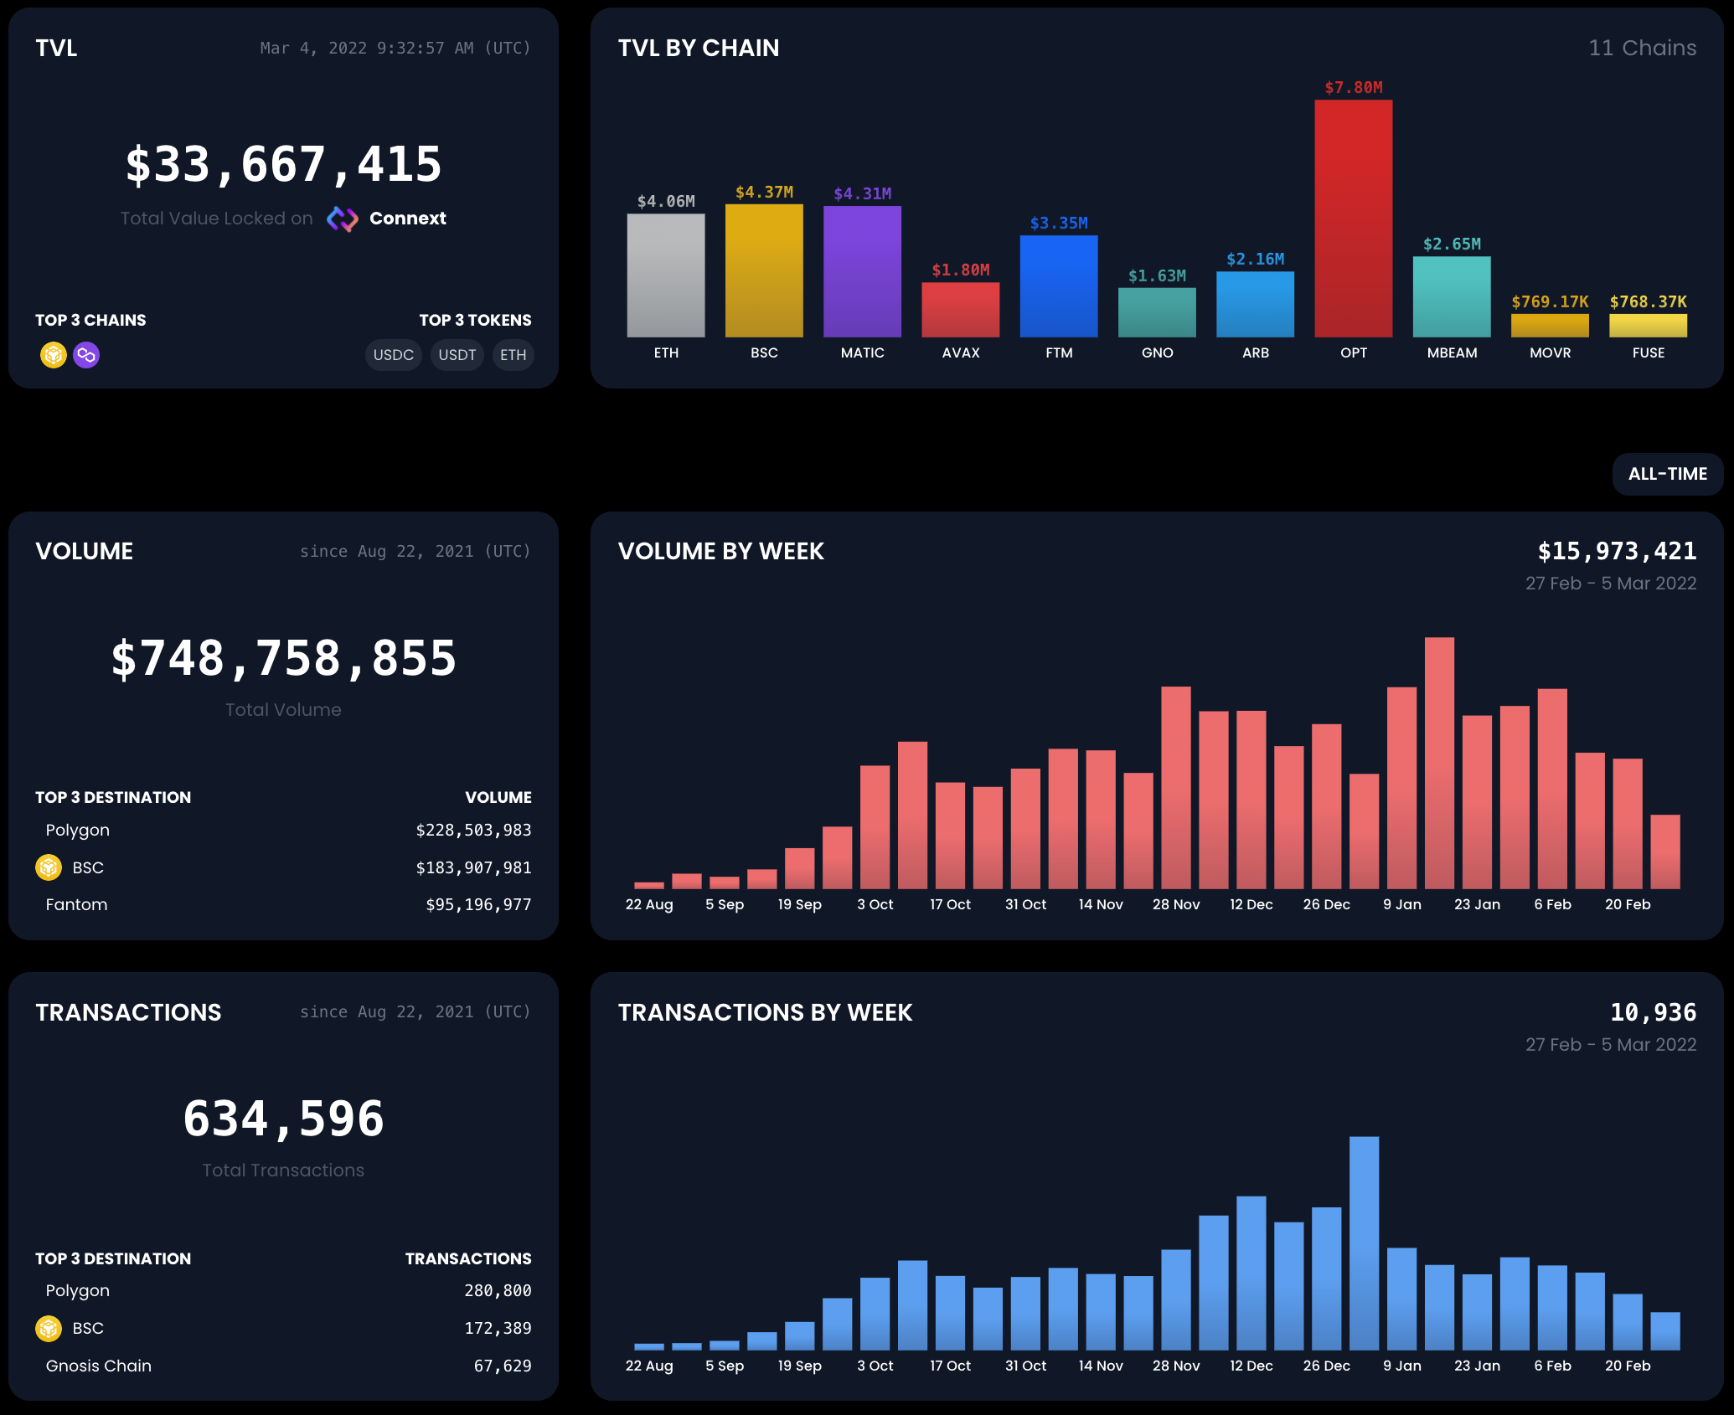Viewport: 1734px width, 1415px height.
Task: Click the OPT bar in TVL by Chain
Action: [1353, 219]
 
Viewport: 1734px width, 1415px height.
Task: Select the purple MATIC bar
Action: [862, 271]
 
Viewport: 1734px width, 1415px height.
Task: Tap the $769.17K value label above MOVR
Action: [1550, 302]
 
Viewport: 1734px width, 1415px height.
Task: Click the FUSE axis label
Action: [1648, 353]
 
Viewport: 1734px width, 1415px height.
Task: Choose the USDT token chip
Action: [457, 355]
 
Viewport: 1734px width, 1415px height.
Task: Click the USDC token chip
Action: [393, 355]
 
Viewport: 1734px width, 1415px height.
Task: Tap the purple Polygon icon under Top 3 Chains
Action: [86, 355]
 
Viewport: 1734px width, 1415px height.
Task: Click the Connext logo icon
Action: [342, 219]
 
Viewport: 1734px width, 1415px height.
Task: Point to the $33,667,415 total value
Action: [283, 164]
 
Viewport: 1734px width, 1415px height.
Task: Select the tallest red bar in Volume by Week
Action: [1439, 762]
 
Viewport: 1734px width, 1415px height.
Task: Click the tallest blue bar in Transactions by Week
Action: [1364, 1243]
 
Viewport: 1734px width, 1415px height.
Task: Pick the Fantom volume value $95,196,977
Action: [478, 905]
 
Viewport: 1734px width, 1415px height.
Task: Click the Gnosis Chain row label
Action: [99, 1366]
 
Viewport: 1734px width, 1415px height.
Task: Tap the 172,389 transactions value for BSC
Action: [498, 1328]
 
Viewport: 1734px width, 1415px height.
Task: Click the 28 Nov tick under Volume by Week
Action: [1175, 905]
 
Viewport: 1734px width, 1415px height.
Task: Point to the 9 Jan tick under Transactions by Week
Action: [1401, 1366]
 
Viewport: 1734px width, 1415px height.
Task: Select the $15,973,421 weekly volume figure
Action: [1616, 551]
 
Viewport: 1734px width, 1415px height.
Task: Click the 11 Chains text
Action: [1642, 48]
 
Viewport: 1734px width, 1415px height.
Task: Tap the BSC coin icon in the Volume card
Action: [49, 867]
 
